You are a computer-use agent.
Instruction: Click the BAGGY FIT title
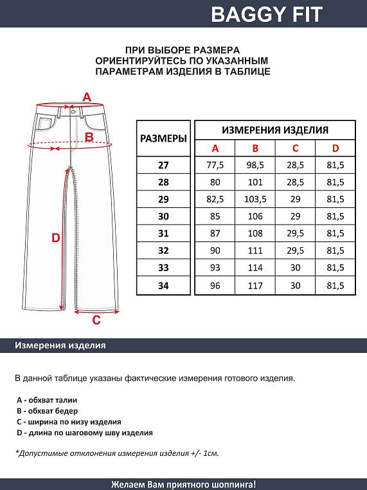[267, 14]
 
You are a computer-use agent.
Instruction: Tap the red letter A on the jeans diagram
[87, 97]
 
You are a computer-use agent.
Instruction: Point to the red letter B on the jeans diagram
[89, 137]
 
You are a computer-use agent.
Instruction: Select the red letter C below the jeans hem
[96, 320]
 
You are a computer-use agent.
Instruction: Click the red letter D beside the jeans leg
[56, 238]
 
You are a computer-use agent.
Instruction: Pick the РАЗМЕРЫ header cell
[163, 138]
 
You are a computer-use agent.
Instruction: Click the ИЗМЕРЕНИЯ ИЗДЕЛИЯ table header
[274, 129]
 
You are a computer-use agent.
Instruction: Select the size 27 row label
[163, 165]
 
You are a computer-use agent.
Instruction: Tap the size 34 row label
[163, 285]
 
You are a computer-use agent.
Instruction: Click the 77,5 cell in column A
[215, 165]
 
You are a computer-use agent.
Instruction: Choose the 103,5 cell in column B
[255, 200]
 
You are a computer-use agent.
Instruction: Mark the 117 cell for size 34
[255, 285]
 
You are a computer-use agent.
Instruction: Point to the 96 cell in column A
[215, 285]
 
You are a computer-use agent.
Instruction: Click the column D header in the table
[335, 149]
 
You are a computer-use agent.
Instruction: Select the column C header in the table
[295, 149]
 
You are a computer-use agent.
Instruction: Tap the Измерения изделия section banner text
[60, 346]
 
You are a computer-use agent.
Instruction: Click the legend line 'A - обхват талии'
[46, 400]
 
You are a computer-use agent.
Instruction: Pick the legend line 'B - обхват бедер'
[47, 411]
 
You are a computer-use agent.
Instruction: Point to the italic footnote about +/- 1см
[117, 453]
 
